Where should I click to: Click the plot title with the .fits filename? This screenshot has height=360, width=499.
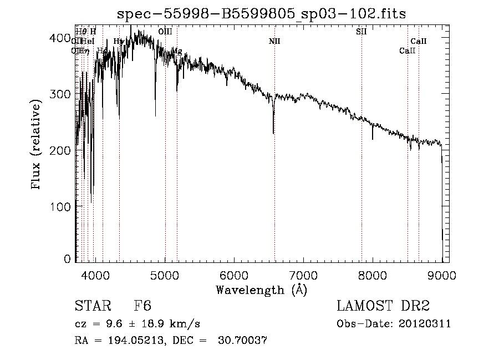(261, 14)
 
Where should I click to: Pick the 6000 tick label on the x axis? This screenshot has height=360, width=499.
(235, 273)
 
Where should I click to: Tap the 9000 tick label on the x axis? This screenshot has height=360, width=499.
(442, 273)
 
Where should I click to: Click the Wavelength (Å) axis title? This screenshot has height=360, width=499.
(261, 290)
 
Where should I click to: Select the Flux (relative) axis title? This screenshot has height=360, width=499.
(37, 145)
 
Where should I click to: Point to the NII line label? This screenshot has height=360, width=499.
(274, 41)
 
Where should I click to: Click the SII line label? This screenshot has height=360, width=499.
(361, 32)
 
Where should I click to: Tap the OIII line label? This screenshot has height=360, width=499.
(165, 32)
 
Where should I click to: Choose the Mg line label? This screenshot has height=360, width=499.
(177, 51)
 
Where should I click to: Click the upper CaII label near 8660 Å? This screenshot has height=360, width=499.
(419, 41)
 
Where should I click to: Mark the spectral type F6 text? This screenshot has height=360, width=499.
(142, 306)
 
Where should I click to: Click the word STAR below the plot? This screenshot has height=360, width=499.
(92, 306)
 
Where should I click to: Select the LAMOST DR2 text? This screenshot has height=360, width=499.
(383, 306)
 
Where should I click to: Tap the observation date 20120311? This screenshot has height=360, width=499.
(427, 324)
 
